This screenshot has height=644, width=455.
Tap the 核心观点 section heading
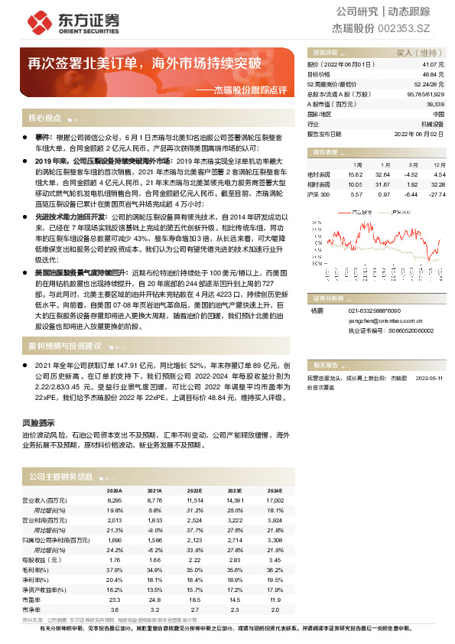44,119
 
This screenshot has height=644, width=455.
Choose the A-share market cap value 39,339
435,103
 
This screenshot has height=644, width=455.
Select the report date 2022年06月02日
419,132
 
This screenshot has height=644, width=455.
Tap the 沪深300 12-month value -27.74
436,194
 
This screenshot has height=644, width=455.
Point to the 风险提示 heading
37,422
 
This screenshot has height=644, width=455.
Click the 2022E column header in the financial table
194,491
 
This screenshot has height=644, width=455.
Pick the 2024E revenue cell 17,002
275,499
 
